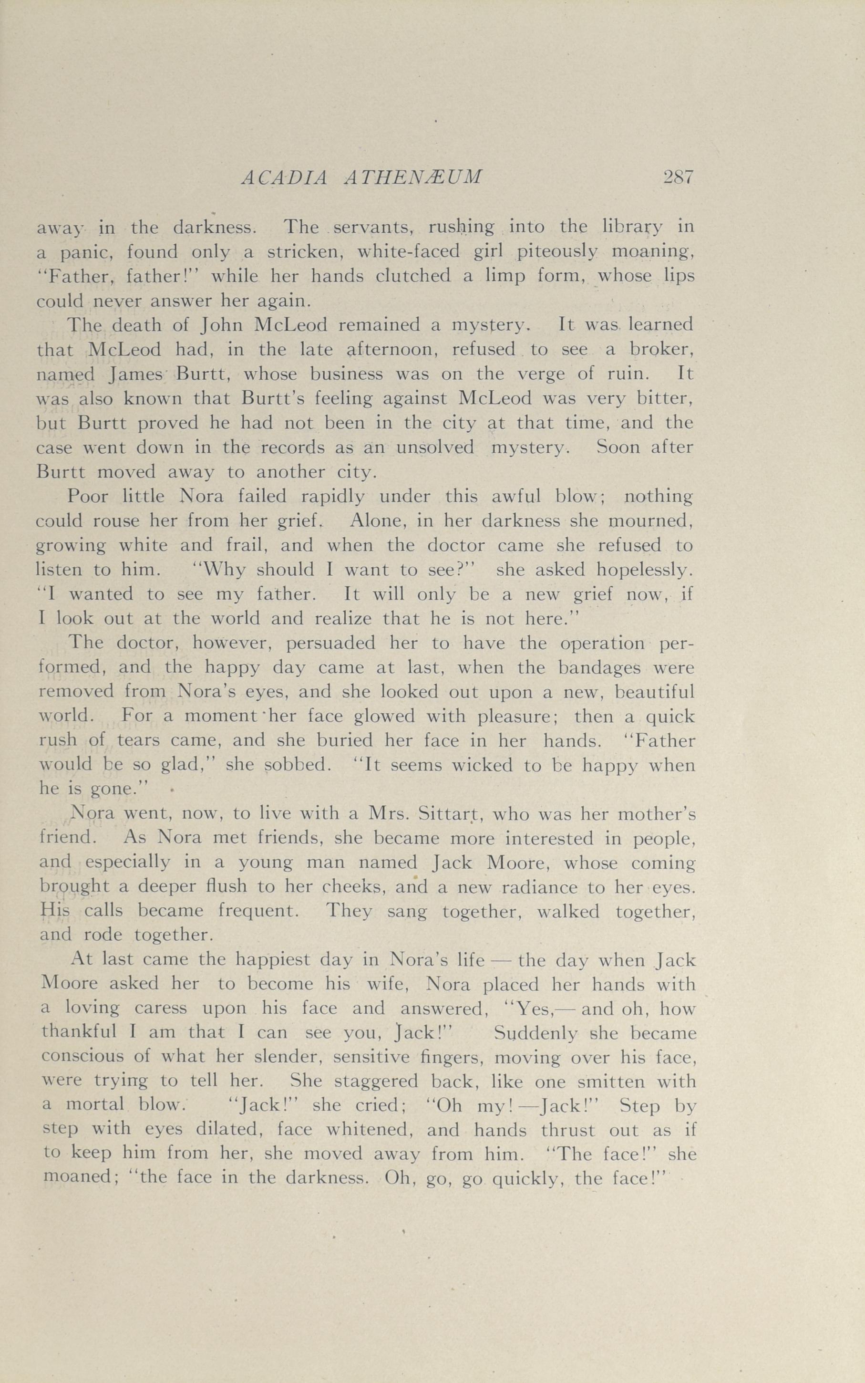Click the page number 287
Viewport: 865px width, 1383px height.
pyautogui.click(x=679, y=177)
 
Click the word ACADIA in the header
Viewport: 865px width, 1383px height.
pyautogui.click(x=284, y=178)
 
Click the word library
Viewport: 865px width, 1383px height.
pyautogui.click(x=633, y=228)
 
